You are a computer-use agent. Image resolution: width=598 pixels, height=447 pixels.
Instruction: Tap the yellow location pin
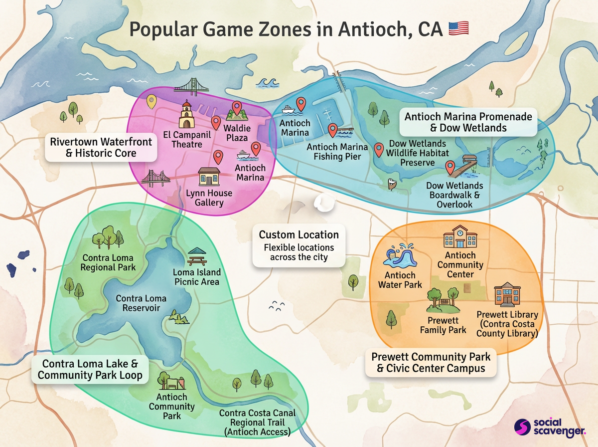151,102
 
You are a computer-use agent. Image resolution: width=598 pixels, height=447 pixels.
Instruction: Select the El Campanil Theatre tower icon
186,115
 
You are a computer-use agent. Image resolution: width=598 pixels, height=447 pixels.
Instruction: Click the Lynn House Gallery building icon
209,177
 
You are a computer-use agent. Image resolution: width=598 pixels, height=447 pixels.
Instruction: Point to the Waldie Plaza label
237,132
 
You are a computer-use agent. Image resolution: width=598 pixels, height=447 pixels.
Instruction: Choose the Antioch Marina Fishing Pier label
337,152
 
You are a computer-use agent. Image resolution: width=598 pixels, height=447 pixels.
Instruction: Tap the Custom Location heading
299,234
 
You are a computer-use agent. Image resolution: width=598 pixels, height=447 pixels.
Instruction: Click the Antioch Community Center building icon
460,236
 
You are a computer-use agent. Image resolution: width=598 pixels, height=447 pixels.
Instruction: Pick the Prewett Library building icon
507,295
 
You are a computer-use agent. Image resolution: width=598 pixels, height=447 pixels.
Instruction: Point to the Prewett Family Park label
443,325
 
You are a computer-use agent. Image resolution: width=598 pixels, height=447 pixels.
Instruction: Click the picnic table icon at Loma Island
197,257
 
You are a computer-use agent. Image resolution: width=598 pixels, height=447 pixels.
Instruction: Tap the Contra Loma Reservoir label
141,303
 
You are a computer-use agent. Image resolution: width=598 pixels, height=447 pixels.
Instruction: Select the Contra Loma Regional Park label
109,262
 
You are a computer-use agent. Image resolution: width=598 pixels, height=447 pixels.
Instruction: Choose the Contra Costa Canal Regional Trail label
257,423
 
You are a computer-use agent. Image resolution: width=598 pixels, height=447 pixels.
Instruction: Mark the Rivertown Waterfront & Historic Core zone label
101,147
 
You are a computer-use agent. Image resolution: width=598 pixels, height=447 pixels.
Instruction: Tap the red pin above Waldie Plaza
237,107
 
